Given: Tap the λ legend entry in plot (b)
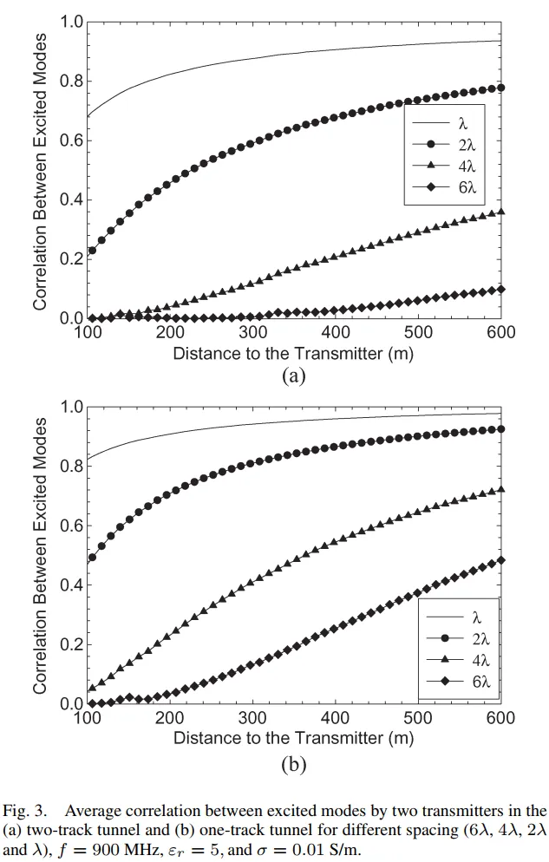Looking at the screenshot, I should (x=455, y=617).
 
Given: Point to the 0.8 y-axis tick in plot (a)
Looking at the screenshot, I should (x=69, y=82).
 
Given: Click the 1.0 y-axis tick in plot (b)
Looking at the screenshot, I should (x=69, y=408).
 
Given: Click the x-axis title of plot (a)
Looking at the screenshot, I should (x=293, y=355).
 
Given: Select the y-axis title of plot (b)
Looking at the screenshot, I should (x=40, y=555).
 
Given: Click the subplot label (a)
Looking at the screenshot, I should (x=294, y=375).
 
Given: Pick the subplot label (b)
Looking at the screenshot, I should (x=294, y=764).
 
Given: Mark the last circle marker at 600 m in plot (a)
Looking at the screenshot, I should (x=500, y=88).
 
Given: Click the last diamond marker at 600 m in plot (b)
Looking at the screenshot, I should (x=500, y=560).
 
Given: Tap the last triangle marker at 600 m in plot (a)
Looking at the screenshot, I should (x=500, y=211).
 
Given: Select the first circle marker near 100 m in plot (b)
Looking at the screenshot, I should (x=92, y=558).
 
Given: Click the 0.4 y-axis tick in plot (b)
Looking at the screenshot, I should (x=69, y=585).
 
